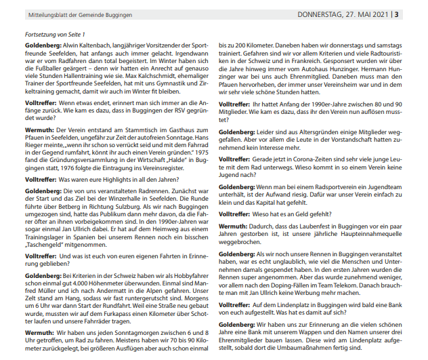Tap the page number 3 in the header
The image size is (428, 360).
(416, 13)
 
